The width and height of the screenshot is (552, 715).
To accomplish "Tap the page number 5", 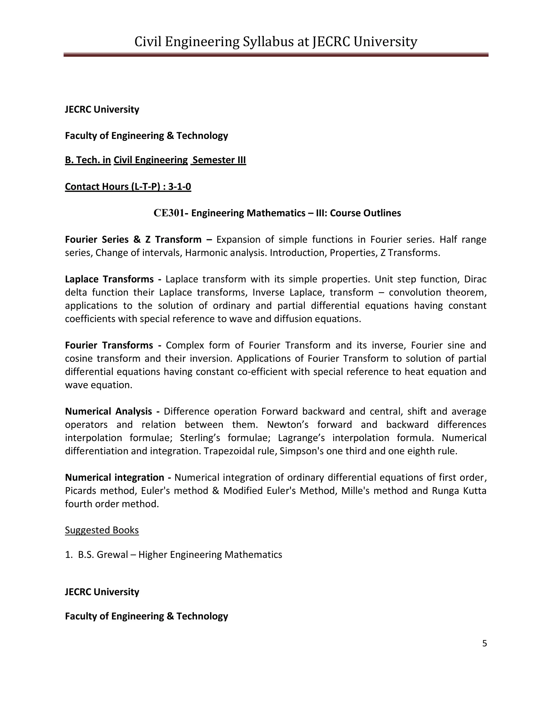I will coord(484,643).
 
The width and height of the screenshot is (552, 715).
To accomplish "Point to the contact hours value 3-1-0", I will coord(180,187).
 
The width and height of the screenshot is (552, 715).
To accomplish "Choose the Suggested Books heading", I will coord(102,530).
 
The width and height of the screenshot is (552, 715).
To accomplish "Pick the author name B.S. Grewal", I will coord(103,554).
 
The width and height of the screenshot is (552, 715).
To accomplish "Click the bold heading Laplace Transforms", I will coord(109,279).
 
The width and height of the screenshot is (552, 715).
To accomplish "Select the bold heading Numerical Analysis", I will coord(109,411).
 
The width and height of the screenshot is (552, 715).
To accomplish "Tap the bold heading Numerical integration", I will coord(115,478).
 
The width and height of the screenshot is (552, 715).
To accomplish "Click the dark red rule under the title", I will coord(276,55).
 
